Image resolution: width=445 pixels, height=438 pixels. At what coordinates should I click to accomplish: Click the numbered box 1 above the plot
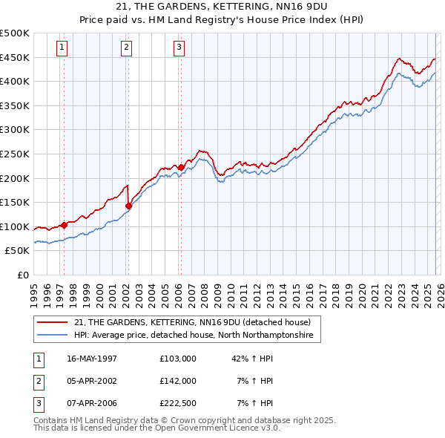pyautogui.click(x=62, y=48)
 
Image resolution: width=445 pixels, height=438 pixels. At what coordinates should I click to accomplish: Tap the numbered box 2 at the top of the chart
pyautogui.click(x=127, y=48)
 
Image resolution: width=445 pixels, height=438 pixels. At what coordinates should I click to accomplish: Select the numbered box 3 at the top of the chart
pyautogui.click(x=179, y=48)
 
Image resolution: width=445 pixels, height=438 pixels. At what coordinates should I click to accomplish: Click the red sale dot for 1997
pyautogui.click(x=65, y=224)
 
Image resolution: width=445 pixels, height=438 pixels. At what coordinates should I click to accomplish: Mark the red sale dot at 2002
pyautogui.click(x=128, y=206)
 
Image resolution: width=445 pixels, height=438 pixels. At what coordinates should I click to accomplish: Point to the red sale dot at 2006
pyautogui.click(x=181, y=167)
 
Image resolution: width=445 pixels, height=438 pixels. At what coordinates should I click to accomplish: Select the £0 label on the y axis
pyautogui.click(x=23, y=275)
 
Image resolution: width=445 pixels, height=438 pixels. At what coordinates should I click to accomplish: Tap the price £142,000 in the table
pyautogui.click(x=177, y=381)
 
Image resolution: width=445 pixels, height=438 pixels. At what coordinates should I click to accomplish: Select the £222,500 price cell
pyautogui.click(x=177, y=403)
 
